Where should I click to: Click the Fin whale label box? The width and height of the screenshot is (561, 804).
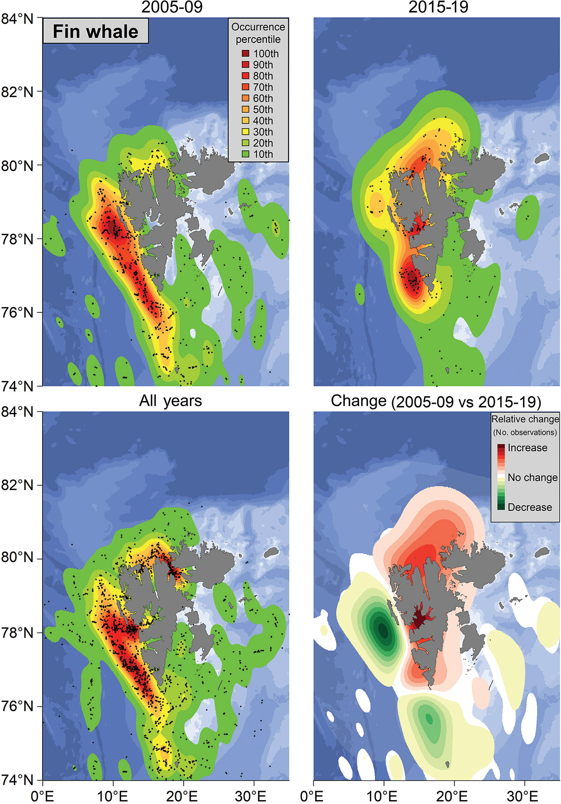[x=95, y=31]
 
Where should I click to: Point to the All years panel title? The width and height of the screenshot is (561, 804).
[x=170, y=401]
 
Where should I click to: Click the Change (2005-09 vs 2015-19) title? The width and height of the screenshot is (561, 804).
[x=436, y=401]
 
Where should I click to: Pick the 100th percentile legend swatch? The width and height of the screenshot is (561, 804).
[x=246, y=53]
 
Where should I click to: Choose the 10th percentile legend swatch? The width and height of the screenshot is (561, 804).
[x=246, y=154]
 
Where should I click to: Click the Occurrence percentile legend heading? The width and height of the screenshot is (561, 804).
[x=258, y=33]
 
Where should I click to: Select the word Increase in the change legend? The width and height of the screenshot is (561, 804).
[x=527, y=448]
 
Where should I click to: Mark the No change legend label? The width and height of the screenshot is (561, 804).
[x=532, y=477]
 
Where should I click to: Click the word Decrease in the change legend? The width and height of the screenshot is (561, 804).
[x=529, y=507]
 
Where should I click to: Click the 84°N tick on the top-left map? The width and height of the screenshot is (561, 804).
[x=17, y=18]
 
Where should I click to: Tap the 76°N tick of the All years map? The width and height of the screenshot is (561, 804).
[x=17, y=706]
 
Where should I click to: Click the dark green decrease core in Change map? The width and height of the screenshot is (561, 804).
[x=383, y=630]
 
